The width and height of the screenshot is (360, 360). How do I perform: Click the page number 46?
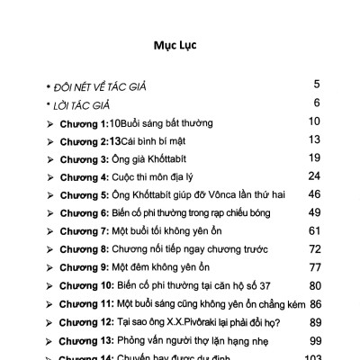point(314,193)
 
